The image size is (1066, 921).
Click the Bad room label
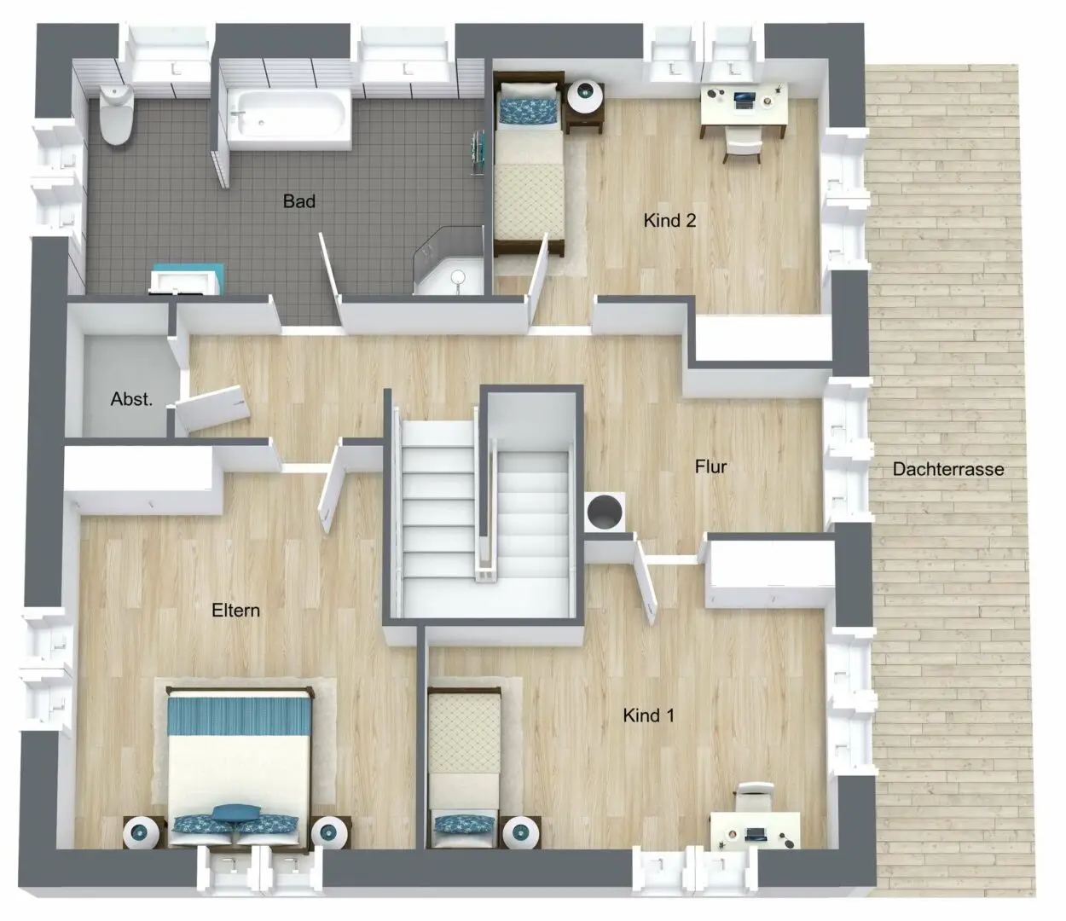pos(299,201)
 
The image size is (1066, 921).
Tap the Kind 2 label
pos(669,221)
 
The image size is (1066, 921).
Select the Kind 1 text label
pos(648,715)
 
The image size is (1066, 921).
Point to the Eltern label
pos(235,611)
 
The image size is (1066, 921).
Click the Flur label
pos(710,466)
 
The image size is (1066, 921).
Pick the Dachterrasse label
pos(948,469)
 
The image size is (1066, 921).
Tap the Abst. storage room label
pos(131,399)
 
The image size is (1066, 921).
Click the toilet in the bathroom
pos(116,115)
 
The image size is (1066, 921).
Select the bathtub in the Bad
pos(289,120)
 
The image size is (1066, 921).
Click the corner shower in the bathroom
pos(449,262)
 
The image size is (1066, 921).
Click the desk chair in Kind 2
pos(743,146)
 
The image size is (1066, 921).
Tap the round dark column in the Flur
pos(605,511)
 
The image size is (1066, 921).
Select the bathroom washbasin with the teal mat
pos(187,279)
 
